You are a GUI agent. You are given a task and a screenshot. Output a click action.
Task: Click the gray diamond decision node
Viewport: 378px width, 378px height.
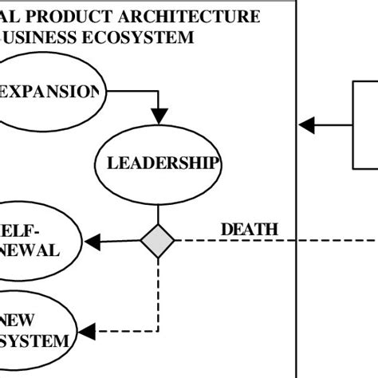tap(157, 241)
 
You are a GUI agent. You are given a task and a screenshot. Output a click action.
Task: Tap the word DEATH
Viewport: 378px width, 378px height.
tap(249, 230)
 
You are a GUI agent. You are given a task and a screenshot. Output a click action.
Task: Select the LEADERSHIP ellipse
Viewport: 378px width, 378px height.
tap(158, 165)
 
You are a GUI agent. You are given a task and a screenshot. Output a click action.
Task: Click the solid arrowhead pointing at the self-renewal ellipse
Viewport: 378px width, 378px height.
tap(92, 241)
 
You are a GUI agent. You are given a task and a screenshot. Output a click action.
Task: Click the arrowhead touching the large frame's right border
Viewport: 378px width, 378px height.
tap(306, 124)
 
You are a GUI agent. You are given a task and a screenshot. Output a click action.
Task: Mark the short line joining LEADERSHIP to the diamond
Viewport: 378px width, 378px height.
tap(158, 215)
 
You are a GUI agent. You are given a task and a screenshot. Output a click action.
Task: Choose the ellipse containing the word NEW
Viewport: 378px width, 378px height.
tap(36, 330)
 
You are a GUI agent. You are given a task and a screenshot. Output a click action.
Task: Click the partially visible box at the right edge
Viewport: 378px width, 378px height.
tap(364, 124)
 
